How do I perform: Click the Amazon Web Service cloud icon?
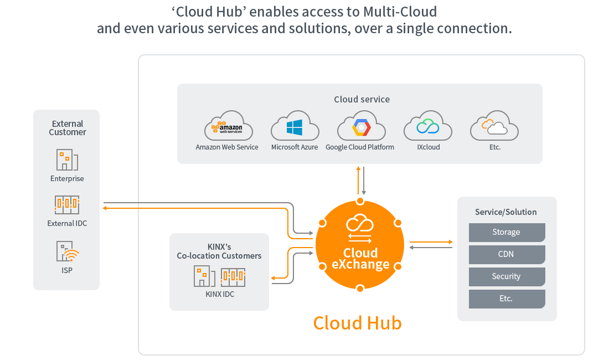[x=228, y=125]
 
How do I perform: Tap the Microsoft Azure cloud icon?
[x=295, y=125]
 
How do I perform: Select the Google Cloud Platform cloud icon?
[x=361, y=125]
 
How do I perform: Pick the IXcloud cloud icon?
[x=427, y=125]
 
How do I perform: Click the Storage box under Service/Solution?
[x=507, y=232]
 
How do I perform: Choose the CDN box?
[x=507, y=254]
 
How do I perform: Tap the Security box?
[x=507, y=276]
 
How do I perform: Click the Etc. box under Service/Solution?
[x=507, y=299]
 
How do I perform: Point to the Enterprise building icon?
[x=67, y=160]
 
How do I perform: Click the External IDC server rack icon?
[x=67, y=205]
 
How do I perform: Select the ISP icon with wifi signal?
[x=68, y=251]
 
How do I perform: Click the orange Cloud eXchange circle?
[x=360, y=245]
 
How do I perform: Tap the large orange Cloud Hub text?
[x=357, y=323]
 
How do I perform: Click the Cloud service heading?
[x=362, y=100]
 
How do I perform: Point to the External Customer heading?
[x=68, y=128]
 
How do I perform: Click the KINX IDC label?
[x=220, y=294]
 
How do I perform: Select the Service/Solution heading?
[x=505, y=212]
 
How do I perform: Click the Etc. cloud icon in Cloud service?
[x=494, y=125]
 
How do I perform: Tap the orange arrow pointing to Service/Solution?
[x=431, y=242]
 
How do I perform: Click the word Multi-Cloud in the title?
[x=400, y=12]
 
